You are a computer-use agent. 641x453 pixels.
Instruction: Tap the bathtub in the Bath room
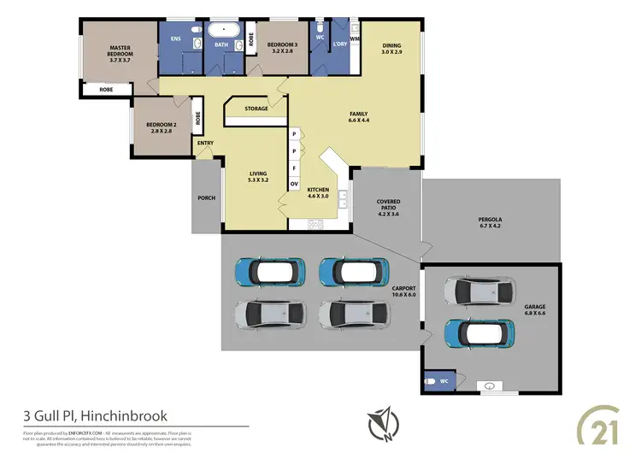[x=222, y=28]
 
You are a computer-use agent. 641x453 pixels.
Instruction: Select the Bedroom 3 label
[x=281, y=48]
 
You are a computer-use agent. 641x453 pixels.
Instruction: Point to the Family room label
[x=358, y=118]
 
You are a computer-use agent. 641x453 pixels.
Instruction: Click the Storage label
[x=256, y=109]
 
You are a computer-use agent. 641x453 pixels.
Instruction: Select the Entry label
[x=205, y=143]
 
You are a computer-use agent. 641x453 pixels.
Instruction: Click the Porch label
[x=206, y=197]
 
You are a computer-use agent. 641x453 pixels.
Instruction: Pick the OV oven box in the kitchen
[x=294, y=184]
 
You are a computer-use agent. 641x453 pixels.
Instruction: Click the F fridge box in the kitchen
[x=294, y=168]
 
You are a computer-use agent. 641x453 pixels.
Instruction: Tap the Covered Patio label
[x=388, y=207]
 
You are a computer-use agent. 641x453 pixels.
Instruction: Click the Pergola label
[x=491, y=224]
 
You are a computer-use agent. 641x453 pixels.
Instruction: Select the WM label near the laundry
[x=355, y=38]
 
